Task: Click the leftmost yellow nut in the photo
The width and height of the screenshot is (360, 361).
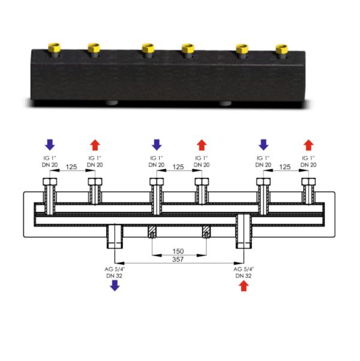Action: [54, 47]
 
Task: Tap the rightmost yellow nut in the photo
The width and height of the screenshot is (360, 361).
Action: [282, 49]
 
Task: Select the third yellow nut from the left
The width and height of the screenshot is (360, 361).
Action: [148, 48]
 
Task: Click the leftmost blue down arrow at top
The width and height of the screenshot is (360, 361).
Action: [50, 145]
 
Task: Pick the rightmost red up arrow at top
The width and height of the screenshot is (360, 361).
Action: [308, 145]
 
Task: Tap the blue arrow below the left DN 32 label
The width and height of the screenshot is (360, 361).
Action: [115, 285]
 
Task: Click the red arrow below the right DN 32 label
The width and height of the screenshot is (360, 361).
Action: [244, 286]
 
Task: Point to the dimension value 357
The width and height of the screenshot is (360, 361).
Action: [178, 259]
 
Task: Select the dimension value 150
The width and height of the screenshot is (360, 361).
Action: [178, 251]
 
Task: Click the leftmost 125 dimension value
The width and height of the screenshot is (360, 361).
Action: [71, 167]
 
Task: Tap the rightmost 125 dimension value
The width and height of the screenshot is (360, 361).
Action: [285, 167]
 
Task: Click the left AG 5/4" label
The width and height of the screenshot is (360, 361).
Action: [115, 269]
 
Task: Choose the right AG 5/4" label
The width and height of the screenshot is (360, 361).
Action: [244, 269]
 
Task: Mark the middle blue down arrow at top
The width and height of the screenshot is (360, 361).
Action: [157, 145]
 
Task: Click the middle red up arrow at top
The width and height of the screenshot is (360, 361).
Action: [202, 145]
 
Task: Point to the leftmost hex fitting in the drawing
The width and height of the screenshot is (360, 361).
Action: [50, 181]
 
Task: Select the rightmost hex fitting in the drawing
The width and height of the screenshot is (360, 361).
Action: [308, 181]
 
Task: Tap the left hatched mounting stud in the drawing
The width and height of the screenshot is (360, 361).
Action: [152, 231]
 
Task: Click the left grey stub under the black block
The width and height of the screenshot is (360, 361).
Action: [112, 103]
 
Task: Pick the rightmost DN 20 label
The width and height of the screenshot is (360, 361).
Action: [308, 165]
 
